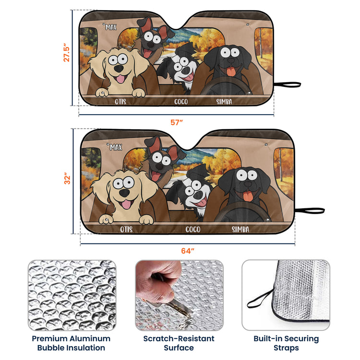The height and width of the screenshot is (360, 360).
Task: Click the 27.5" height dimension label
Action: click(x=66, y=52)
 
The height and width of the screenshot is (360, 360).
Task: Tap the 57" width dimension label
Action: click(x=176, y=122)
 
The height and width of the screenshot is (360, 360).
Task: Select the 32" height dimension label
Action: click(x=67, y=179)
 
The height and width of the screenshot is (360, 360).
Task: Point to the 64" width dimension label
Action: click(x=188, y=251)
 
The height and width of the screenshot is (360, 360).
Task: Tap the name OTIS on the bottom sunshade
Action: click(x=126, y=229)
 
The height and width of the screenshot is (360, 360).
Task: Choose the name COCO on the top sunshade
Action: click(x=181, y=101)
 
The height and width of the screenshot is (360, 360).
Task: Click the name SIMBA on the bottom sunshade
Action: click(x=240, y=229)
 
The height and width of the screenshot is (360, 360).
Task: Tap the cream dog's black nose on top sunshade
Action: click(x=119, y=69)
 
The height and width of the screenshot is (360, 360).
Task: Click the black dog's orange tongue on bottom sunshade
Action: click(x=248, y=196)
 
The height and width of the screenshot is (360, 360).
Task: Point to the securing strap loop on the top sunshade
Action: click(x=288, y=84)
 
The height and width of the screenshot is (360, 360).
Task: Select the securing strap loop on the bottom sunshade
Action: click(x=310, y=211)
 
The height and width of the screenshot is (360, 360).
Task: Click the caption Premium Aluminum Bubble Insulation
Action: click(x=71, y=343)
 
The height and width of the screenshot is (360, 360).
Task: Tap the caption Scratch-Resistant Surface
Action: click(x=179, y=343)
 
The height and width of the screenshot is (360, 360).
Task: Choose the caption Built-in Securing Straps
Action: click(x=286, y=343)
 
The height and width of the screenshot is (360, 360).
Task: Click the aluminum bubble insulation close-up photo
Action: click(x=72, y=295)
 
